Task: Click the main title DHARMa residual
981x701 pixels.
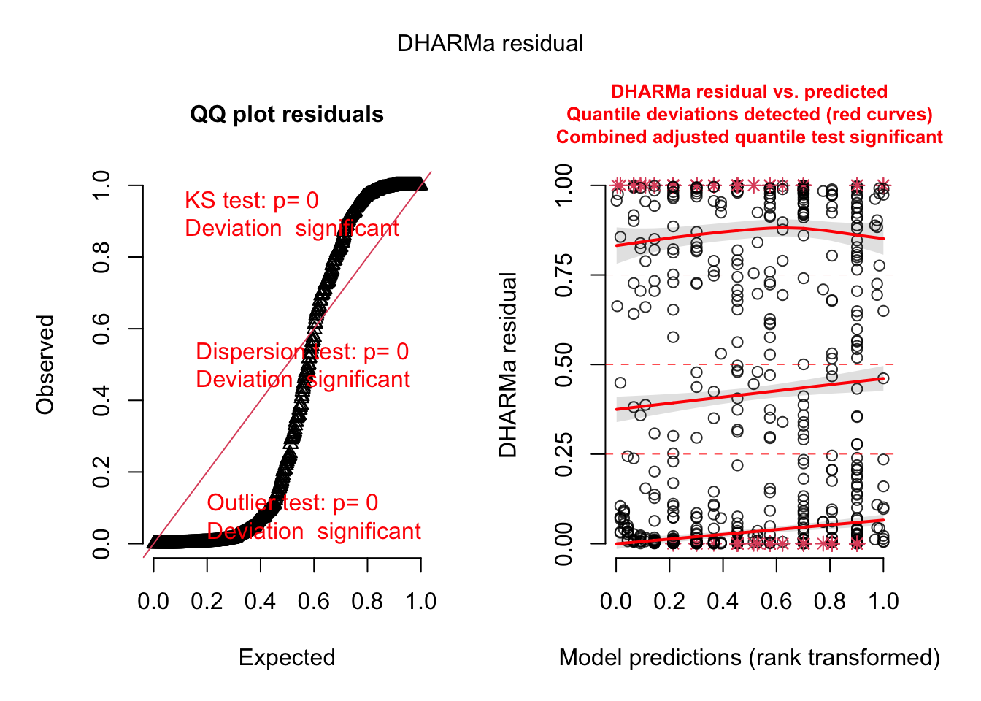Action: point(490,44)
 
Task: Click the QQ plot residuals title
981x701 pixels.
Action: point(287,115)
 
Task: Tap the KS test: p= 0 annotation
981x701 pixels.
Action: point(252,201)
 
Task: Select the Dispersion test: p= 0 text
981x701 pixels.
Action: point(302,352)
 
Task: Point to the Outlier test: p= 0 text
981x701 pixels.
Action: point(293,503)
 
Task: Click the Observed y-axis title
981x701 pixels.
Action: point(45,364)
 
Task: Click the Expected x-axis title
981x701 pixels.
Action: point(287,657)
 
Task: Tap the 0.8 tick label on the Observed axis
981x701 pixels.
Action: point(101,257)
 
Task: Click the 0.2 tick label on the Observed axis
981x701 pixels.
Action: point(101,472)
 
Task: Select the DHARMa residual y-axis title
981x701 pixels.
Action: point(508,364)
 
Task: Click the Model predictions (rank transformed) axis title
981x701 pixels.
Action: point(750,657)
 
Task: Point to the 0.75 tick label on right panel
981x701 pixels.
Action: point(564,275)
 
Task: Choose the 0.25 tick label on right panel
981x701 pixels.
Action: point(564,454)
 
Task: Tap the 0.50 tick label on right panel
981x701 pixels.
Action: point(564,364)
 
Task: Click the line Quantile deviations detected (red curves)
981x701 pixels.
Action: point(750,115)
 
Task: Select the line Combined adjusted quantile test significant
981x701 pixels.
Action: point(750,137)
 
